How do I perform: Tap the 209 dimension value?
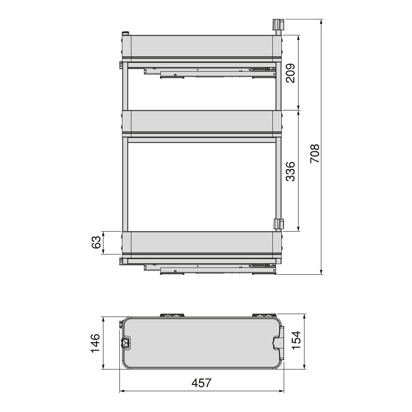click(291, 73)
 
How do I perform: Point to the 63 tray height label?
click(96, 242)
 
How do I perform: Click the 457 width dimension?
click(201, 383)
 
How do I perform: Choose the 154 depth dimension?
click(297, 340)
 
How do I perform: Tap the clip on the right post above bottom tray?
click(279, 224)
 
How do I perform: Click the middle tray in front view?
click(202, 121)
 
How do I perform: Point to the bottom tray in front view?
click(202, 242)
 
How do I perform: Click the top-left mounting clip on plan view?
click(172, 315)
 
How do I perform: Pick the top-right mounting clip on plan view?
click(264, 315)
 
